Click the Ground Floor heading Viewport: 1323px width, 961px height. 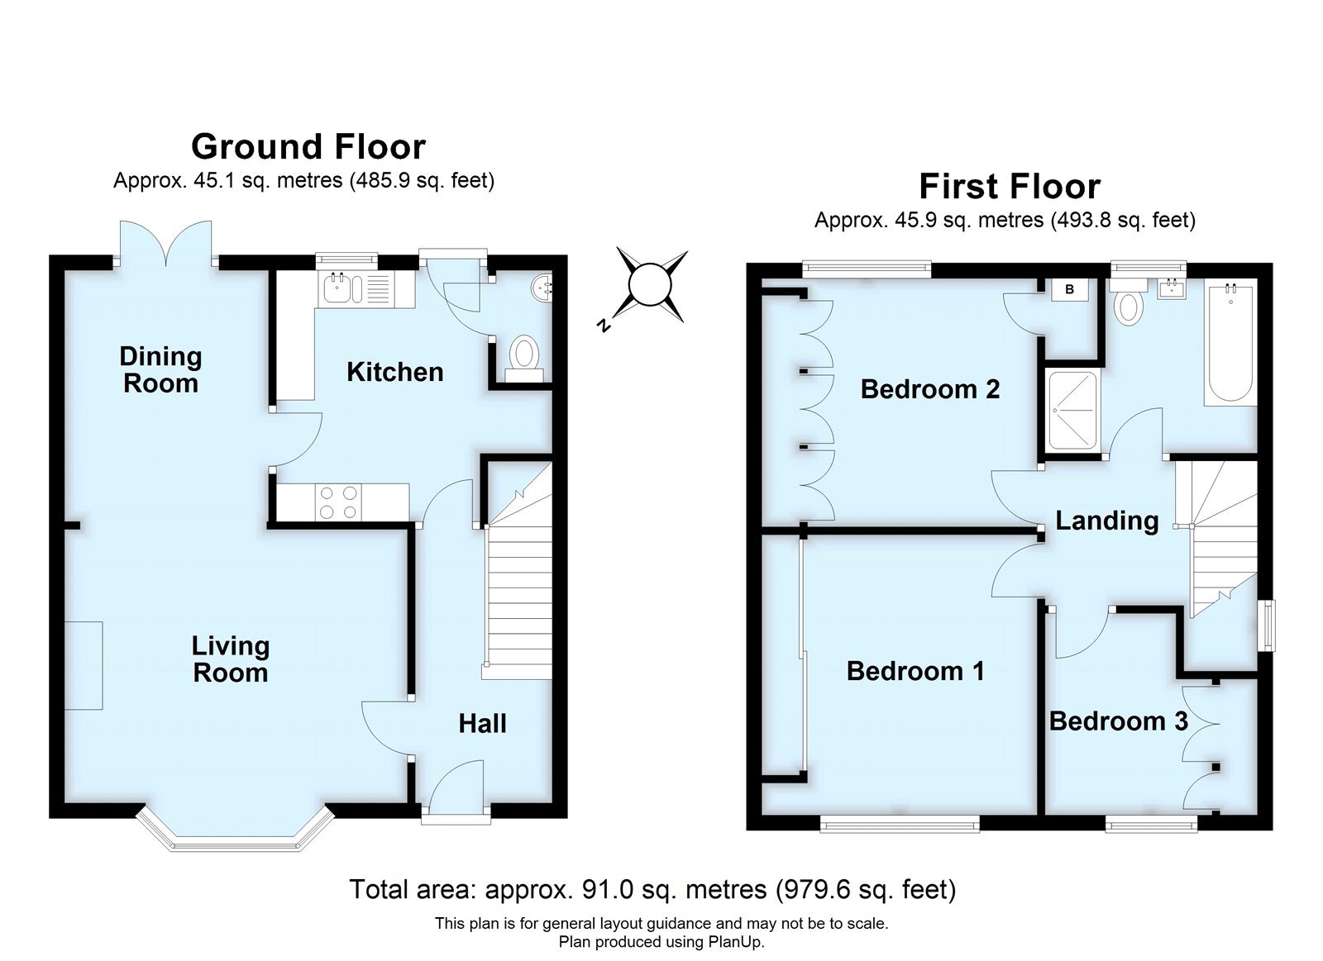coord(308,147)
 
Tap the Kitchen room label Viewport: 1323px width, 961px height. coord(394,372)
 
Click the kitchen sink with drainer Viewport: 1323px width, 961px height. coord(356,290)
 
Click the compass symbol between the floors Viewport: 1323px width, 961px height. coord(651,286)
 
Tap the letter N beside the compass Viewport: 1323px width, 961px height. coord(604,326)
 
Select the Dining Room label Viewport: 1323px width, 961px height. coord(160,369)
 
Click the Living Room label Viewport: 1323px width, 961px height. coord(230,659)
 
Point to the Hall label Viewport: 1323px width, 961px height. coord(482,724)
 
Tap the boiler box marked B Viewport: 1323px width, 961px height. coord(1069,290)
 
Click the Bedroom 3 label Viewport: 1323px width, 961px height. coord(1118,721)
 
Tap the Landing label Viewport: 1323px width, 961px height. coord(1106,521)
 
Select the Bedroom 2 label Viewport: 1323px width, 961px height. coord(929,389)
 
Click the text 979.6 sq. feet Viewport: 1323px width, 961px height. coord(865,890)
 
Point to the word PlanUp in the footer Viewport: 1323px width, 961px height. coord(735,942)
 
